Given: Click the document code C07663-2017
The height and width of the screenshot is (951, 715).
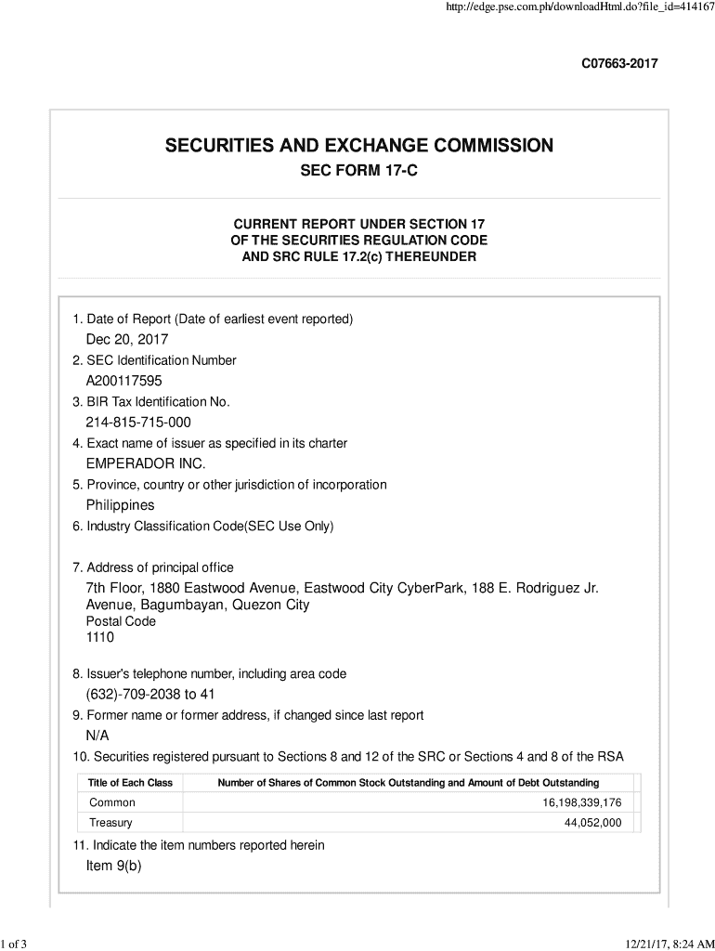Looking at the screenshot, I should tap(619, 64).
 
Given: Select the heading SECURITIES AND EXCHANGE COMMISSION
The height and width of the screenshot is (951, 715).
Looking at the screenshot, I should tap(358, 146).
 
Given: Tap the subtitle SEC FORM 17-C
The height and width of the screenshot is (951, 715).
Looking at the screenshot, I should tap(358, 174).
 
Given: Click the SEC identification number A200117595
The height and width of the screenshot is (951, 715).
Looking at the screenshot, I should tap(125, 381).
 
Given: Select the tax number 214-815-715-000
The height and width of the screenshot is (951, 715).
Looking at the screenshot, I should tap(138, 423).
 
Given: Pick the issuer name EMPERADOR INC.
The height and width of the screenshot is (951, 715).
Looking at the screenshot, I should tap(146, 463).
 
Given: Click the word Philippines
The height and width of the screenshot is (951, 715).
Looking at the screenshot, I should tap(120, 505).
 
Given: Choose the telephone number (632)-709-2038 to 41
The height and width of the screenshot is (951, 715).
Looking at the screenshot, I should tap(150, 695).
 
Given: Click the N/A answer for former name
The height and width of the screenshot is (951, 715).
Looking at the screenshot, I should tap(98, 736).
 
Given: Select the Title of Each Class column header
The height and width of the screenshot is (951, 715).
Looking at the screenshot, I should tap(130, 783).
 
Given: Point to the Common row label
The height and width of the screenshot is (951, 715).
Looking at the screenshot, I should tap(112, 802).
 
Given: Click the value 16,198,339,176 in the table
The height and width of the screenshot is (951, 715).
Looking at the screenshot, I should tap(582, 802).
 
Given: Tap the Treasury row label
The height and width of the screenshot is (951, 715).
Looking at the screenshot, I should tap(110, 823).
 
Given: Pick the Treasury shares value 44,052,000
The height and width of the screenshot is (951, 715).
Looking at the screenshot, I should tap(592, 823).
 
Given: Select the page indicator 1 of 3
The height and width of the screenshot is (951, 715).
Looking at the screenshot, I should tap(15, 945).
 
